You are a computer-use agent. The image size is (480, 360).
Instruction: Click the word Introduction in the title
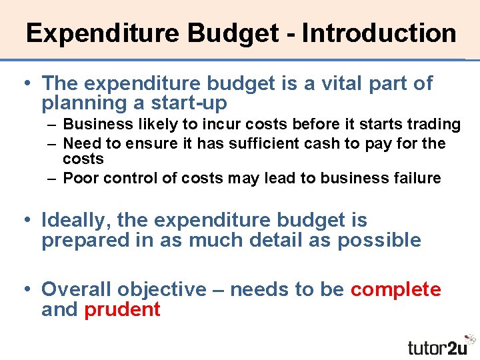point(379,33)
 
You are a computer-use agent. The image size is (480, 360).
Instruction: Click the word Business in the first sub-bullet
point(91,125)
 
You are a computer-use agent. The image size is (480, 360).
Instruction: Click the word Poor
point(79,178)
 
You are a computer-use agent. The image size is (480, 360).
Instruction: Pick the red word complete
point(395,289)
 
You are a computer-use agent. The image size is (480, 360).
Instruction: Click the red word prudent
point(122,309)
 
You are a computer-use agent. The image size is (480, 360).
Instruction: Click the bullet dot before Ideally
point(26,220)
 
